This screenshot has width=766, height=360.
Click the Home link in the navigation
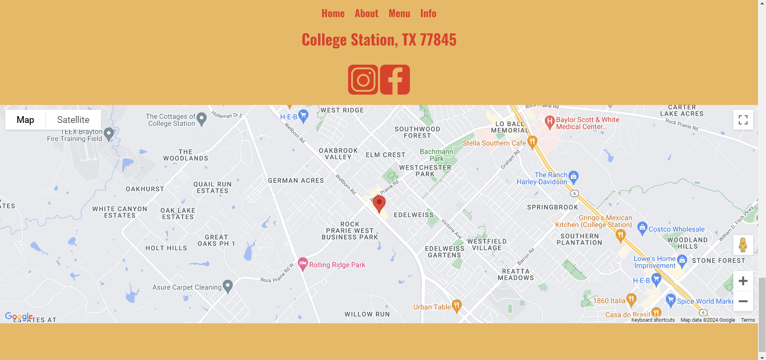point(333,14)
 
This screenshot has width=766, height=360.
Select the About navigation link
point(366,14)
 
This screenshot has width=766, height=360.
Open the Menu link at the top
point(399,14)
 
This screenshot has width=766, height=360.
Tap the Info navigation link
point(428,14)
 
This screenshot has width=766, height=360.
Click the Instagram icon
point(363,80)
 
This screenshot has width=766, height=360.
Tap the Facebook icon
point(395,80)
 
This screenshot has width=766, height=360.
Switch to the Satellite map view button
point(73,120)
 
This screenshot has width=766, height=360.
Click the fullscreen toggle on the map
point(743,120)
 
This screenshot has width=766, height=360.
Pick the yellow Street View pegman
point(743,245)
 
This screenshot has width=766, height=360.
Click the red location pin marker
point(379,203)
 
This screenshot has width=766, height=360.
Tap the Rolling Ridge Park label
point(337,265)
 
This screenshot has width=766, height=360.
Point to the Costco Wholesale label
point(676,229)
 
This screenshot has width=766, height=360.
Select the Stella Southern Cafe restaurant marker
point(532,142)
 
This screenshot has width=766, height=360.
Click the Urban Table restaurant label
point(432,307)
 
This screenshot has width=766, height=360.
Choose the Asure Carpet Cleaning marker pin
point(228,286)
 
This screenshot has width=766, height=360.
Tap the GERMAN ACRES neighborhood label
point(296,181)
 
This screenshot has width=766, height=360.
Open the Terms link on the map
point(748,320)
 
